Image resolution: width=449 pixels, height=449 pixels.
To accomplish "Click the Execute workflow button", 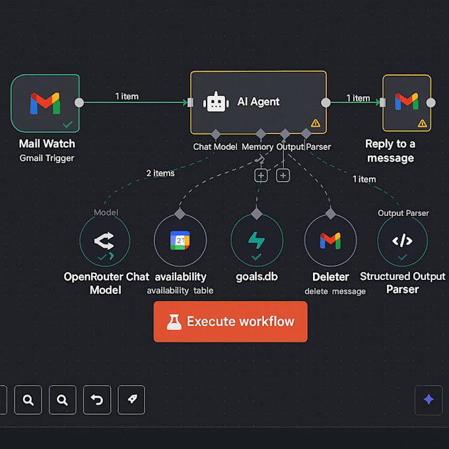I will pos(230,322).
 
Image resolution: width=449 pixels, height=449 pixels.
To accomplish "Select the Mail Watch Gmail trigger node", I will pos(45,103).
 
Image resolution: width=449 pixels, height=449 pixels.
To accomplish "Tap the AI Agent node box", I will pos(258,102).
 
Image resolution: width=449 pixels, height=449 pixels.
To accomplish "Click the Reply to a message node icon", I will pos(406,102).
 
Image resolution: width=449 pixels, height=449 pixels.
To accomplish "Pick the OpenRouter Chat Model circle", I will pos(105,240).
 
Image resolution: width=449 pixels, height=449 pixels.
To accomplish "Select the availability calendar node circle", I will pos(180,240).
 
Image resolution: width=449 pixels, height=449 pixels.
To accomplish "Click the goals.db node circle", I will pos(256,240).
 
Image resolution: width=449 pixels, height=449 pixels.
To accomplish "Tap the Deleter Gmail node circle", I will pos(330,240).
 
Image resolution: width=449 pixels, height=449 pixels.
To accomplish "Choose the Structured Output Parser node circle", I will pos(402,240).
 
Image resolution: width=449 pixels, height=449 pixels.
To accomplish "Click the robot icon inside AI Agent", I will pos(217,102).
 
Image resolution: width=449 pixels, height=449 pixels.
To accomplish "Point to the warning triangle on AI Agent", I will pos(315,123).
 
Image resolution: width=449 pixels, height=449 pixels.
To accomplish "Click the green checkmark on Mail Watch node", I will pos(67,123).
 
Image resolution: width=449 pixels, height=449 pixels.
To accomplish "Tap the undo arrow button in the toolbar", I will pos(97,399).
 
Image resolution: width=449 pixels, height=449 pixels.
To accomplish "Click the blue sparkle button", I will pos(429,399).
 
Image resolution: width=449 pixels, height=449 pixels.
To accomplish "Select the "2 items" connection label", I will pos(160,173).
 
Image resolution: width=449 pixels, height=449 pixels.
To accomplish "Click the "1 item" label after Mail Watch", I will pos(127,96).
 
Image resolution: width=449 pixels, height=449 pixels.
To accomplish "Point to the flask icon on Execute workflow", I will pos(174,322).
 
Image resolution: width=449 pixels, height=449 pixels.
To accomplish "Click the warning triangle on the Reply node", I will pos(422,123).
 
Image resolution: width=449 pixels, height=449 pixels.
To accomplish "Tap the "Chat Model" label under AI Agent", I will pos(215,147).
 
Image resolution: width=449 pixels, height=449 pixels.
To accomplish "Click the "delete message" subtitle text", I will pos(335,291).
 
